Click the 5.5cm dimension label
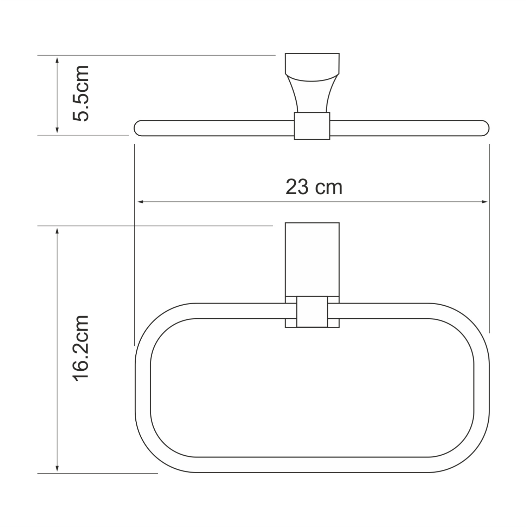point(81,93)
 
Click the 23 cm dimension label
point(314,187)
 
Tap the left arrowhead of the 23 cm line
point(140,202)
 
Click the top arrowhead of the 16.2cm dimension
point(57,230)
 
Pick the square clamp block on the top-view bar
point(312,126)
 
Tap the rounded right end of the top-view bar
point(486,128)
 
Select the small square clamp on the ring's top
point(312,312)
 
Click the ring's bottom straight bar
point(312,465)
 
